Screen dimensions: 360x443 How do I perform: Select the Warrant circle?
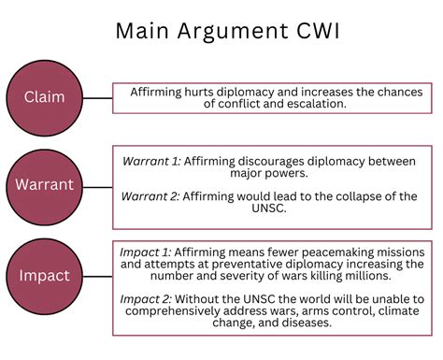tap(44, 185)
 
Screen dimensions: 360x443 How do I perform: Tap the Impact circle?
tap(44, 276)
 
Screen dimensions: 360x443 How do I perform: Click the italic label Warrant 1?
tap(151, 161)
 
